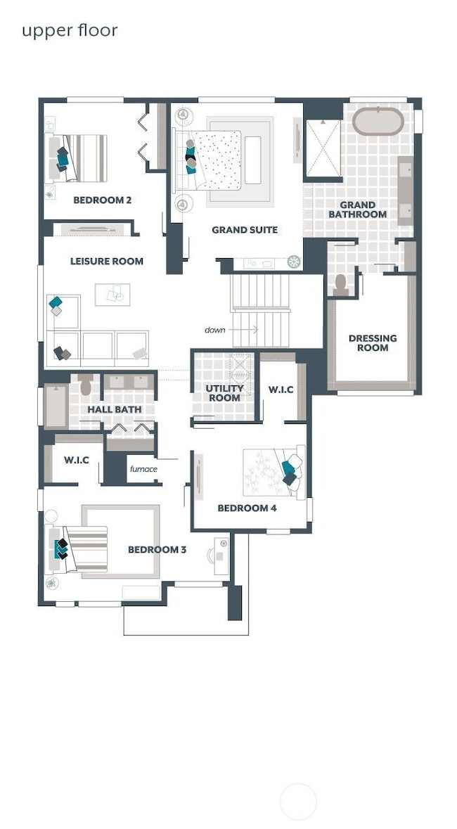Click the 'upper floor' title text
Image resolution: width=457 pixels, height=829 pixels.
(x=69, y=30)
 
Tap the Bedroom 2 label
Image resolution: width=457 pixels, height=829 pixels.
(x=102, y=200)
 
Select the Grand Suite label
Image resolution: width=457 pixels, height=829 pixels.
(x=245, y=229)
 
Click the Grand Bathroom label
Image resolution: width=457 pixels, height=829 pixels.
(x=358, y=210)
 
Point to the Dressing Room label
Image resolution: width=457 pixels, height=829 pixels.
(x=372, y=342)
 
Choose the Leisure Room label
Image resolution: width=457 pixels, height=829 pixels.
(x=106, y=261)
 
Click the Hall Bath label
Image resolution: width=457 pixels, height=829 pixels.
(x=114, y=409)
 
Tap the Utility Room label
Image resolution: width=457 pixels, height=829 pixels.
(x=224, y=393)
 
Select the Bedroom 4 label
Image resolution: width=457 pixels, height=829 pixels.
(x=242, y=508)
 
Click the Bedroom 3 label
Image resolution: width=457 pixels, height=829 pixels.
(x=157, y=549)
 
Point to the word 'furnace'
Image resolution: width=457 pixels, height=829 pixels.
(x=143, y=469)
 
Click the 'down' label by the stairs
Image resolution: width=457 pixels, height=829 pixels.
(x=214, y=329)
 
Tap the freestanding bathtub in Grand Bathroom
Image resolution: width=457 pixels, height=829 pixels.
(x=378, y=122)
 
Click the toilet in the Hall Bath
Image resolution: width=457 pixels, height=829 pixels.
(x=86, y=386)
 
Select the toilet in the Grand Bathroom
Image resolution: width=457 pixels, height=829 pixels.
(x=341, y=283)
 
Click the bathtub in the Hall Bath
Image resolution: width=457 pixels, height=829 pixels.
(x=56, y=406)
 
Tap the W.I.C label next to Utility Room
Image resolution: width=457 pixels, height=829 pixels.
(x=281, y=390)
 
